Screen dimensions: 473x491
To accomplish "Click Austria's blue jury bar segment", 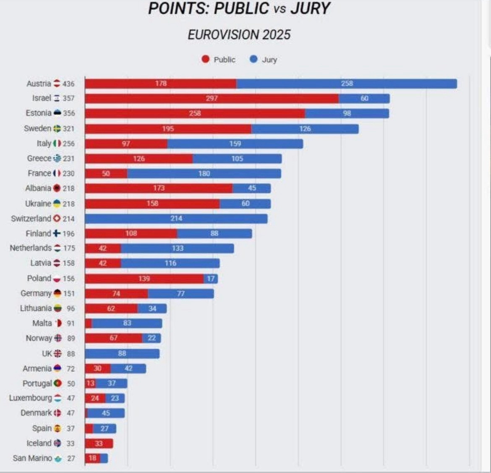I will [x=347, y=84].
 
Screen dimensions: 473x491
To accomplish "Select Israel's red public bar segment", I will [x=212, y=98].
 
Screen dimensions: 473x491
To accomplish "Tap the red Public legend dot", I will [x=205, y=59].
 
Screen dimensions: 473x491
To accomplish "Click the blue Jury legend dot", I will [x=253, y=59].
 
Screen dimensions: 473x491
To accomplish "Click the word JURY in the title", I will [x=311, y=9].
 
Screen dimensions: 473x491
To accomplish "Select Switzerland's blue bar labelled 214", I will [x=176, y=218].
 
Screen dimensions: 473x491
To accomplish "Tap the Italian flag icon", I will [x=57, y=144].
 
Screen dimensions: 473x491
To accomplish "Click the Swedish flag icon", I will [x=57, y=128].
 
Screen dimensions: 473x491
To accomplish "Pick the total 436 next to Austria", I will [x=68, y=84].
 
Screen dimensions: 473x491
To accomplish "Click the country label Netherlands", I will [x=31, y=248].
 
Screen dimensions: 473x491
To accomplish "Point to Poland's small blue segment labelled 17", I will [x=211, y=278].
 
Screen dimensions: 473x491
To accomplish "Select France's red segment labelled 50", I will [x=106, y=173].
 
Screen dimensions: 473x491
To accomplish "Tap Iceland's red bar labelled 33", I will [x=99, y=443].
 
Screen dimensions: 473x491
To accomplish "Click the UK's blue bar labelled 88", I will [x=122, y=353].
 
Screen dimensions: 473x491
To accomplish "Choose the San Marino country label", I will [x=32, y=458].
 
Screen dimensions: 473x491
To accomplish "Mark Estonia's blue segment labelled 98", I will [x=347, y=113].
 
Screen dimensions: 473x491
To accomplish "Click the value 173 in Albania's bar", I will [x=159, y=188].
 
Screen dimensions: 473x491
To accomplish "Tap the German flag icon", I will [x=57, y=293].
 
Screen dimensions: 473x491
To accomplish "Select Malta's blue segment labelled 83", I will [x=127, y=323].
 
